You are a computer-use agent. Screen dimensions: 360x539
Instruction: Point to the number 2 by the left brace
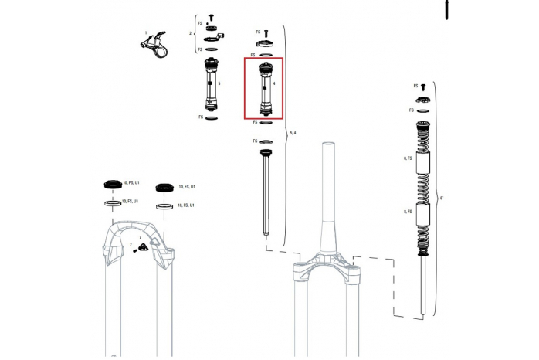[190, 34]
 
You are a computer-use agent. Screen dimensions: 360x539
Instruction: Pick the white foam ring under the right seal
[164, 206]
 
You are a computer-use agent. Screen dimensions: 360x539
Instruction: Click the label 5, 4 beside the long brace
[292, 134]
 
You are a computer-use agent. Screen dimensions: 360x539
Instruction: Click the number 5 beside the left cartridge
[220, 83]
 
